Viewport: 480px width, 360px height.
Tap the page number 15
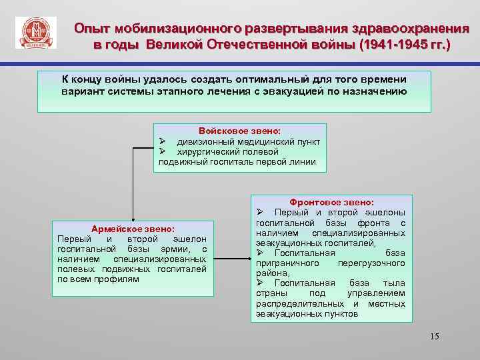coord(435,336)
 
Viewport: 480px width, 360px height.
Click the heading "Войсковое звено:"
coord(240,131)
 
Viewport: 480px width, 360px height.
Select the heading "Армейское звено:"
coord(133,229)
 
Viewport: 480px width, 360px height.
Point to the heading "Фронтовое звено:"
coord(331,202)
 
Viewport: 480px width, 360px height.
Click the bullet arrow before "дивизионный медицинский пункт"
coord(163,142)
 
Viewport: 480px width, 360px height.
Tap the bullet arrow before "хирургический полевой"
coord(163,152)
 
